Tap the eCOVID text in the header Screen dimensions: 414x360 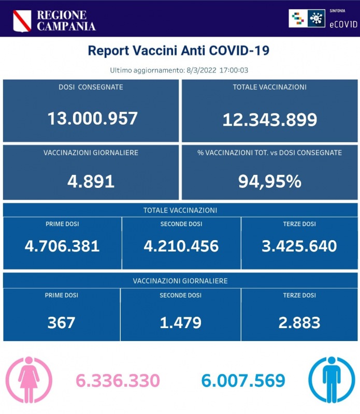pos(343,23)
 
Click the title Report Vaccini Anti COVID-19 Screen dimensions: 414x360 pos(179,51)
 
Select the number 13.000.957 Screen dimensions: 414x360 pos(92,118)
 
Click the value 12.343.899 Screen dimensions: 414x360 pos(269,120)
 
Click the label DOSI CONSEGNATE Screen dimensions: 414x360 pos(91,87)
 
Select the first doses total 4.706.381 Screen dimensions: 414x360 pos(62,245)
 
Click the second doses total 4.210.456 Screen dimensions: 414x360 pos(181,245)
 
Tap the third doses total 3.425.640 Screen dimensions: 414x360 pos(299,245)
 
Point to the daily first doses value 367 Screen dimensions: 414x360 pos(62,322)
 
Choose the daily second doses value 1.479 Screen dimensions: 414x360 pos(181,322)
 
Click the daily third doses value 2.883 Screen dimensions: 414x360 pos(299,322)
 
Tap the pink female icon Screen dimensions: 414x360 pos(29,380)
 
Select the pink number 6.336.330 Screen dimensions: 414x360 pos(118,381)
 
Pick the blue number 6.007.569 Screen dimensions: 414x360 pos(243,381)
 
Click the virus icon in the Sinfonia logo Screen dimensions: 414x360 pos(314,18)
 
